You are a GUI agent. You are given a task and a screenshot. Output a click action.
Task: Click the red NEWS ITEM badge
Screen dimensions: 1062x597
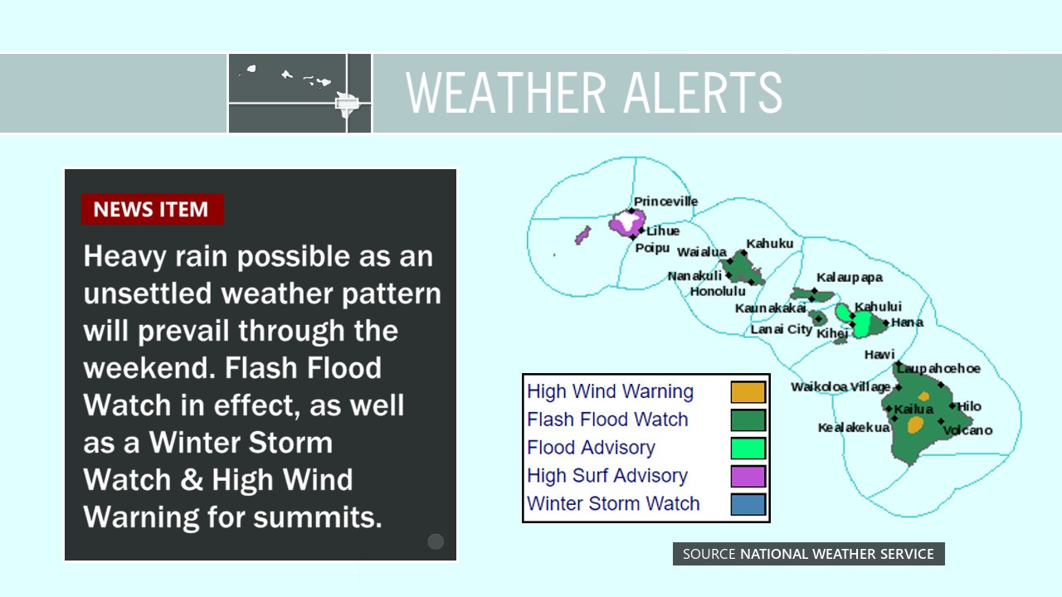(152, 209)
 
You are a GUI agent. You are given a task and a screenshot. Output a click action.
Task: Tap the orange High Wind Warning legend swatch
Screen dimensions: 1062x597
(748, 392)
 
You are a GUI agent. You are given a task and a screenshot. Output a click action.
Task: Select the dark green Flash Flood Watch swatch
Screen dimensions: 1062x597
(748, 420)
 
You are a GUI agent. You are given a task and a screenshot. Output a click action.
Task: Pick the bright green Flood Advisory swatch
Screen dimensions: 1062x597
(748, 449)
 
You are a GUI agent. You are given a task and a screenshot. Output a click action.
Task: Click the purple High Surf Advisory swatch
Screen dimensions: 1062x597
(748, 476)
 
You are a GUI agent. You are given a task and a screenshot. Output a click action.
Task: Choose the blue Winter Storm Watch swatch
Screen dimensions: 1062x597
(748, 504)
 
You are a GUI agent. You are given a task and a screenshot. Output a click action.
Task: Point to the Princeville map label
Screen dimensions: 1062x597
(665, 201)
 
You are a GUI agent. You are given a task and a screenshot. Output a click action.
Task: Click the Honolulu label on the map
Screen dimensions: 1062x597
(718, 291)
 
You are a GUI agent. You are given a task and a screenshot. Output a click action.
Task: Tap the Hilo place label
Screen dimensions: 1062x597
(969, 406)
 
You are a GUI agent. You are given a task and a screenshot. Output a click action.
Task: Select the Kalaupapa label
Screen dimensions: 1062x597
(849, 278)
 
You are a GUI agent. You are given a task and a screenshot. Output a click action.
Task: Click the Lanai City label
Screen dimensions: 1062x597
(782, 329)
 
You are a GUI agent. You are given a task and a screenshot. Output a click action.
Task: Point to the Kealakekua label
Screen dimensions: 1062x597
(854, 427)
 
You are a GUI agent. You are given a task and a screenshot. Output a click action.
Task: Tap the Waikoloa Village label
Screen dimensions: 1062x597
(840, 387)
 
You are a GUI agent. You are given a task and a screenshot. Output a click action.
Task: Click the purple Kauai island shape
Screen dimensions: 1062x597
(627, 223)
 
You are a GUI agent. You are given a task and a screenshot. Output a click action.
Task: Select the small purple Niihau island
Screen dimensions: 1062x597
(582, 235)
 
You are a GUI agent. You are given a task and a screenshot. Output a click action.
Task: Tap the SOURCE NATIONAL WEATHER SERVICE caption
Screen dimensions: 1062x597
(808, 554)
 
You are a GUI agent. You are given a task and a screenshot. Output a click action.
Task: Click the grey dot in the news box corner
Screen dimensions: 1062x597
(436, 541)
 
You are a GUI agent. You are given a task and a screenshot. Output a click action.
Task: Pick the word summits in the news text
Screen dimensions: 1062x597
(318, 517)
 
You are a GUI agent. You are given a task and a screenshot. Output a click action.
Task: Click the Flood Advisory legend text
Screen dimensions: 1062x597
(591, 447)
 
